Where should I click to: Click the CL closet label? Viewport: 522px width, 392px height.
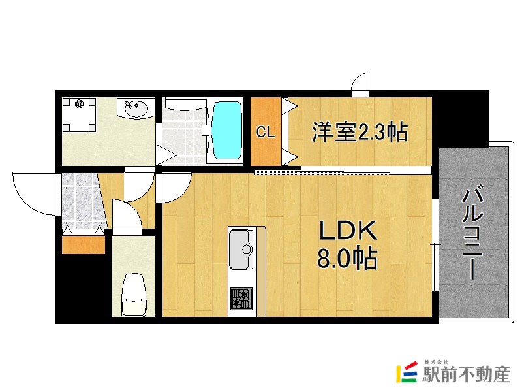point(265,133)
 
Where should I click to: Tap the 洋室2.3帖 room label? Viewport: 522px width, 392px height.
point(360,132)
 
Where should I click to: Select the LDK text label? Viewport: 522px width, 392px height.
point(347,231)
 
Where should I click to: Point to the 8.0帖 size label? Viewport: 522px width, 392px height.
point(347,259)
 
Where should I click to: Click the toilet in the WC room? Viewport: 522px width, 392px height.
point(134,293)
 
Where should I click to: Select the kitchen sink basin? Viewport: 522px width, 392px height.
point(243,249)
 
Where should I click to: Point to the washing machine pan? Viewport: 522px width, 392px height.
point(80,115)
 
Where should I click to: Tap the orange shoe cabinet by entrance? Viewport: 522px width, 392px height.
point(83,244)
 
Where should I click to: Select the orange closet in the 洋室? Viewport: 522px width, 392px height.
point(266,131)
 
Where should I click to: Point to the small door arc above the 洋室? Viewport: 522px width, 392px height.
point(361,83)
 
